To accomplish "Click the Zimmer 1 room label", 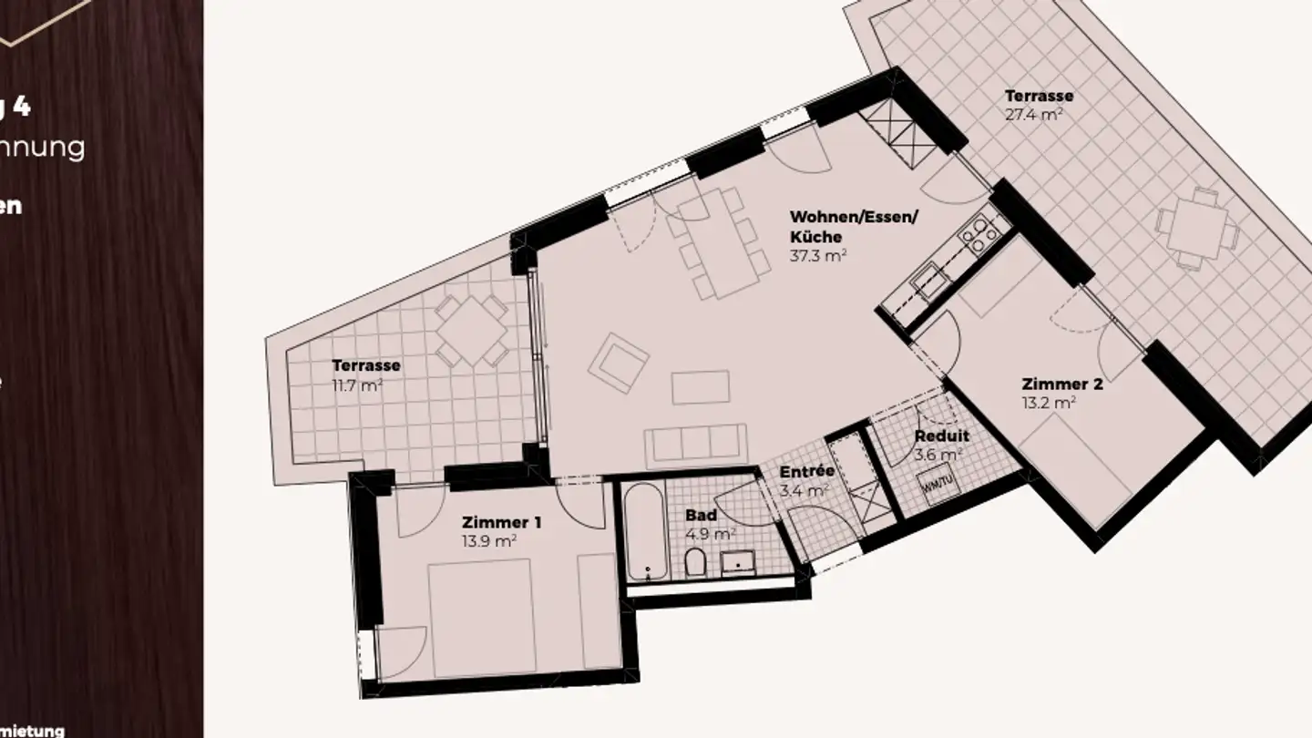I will [x=502, y=522].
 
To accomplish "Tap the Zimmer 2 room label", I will [x=1061, y=384].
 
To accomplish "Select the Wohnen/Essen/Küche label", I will [x=855, y=226].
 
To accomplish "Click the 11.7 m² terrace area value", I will [x=357, y=384].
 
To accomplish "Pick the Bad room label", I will [x=701, y=515].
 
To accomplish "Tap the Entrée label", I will [x=807, y=471].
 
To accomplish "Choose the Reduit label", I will [x=942, y=436].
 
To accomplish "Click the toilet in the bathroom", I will [x=694, y=564].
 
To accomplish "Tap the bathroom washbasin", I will [x=738, y=564].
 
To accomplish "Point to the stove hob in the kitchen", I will [x=978, y=233].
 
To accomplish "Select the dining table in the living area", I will [x=718, y=241].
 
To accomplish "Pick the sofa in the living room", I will [x=696, y=443].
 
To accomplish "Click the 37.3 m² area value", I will [x=818, y=256].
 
